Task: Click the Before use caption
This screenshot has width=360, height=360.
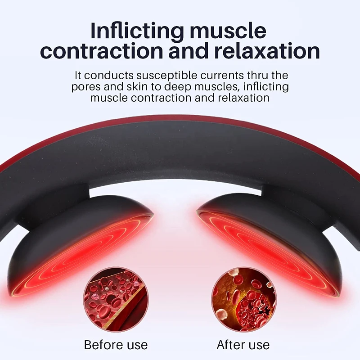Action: point(116,345)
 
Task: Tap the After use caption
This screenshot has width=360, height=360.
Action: point(243,345)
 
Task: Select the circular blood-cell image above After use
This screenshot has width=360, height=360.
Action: point(243,300)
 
